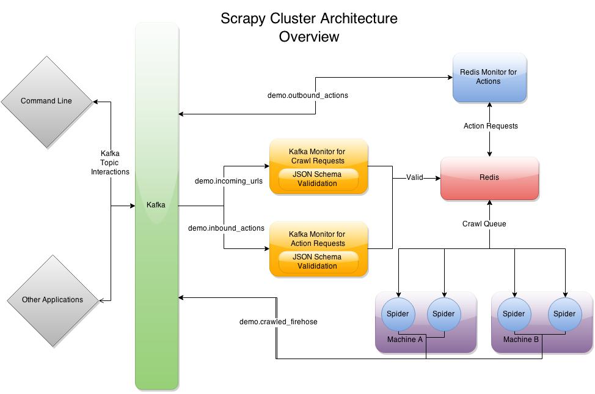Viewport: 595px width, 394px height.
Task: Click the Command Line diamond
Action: [x=46, y=101]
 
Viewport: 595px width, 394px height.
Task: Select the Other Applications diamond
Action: [x=53, y=300]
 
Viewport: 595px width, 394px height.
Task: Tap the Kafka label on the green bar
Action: [x=156, y=205]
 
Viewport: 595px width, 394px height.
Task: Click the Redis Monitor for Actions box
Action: [x=488, y=77]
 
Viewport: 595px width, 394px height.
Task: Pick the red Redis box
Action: [x=489, y=178]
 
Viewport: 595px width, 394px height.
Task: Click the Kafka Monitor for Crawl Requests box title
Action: [x=316, y=156]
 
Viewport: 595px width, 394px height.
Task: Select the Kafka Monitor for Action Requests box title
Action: [x=316, y=239]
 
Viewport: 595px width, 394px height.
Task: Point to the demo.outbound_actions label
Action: [x=308, y=95]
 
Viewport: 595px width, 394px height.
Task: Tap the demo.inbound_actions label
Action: [x=226, y=228]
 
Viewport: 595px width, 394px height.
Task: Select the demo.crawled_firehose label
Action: [x=278, y=321]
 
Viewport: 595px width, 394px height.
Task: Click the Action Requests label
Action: [x=491, y=126]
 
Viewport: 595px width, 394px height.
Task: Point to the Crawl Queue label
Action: [x=484, y=224]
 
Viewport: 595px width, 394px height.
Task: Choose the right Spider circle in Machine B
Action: [x=564, y=314]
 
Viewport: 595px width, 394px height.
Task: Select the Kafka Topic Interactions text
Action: [x=111, y=163]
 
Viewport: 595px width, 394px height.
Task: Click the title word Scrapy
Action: [x=243, y=18]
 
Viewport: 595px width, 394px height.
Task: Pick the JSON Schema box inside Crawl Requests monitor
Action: [x=316, y=179]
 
